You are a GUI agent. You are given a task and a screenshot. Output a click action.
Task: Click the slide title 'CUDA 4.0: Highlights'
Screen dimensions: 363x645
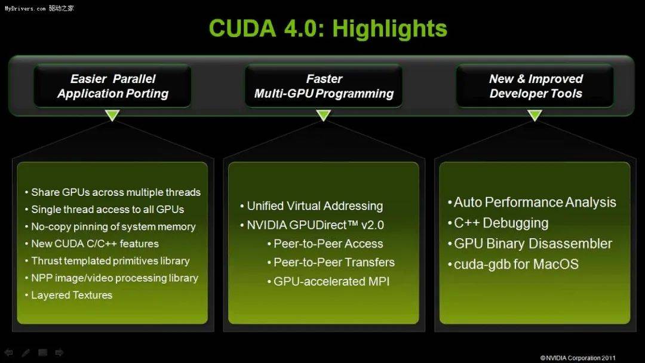(x=328, y=28)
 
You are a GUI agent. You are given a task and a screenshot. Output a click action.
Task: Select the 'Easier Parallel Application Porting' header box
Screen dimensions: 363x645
(x=113, y=86)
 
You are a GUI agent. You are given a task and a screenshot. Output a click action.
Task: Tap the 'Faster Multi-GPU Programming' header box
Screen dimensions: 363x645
(x=324, y=86)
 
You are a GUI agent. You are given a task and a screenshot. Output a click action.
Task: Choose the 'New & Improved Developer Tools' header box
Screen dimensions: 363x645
(x=535, y=86)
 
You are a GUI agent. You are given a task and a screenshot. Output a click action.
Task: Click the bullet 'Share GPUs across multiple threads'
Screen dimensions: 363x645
(x=115, y=192)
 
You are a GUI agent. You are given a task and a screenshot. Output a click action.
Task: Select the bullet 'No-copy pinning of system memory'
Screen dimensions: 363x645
(x=113, y=227)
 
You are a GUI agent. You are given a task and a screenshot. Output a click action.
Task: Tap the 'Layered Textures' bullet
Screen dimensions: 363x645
(x=71, y=295)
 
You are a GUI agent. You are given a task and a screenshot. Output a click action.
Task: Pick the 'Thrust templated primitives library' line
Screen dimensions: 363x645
(x=110, y=261)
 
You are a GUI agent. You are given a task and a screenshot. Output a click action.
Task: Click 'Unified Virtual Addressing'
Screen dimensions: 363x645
(x=315, y=206)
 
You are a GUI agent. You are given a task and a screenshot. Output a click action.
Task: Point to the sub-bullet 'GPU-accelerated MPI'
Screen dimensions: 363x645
(x=331, y=281)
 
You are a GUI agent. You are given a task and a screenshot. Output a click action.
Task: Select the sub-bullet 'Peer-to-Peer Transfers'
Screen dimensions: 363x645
(x=334, y=262)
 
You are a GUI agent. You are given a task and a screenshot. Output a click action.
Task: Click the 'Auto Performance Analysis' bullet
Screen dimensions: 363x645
(x=535, y=202)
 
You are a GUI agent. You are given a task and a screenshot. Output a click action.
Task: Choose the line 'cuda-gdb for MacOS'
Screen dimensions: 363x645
(x=516, y=264)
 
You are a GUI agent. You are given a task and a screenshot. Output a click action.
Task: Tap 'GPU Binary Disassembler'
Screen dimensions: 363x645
(x=533, y=244)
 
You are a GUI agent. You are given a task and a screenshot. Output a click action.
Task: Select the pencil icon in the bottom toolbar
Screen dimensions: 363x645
(x=26, y=353)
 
